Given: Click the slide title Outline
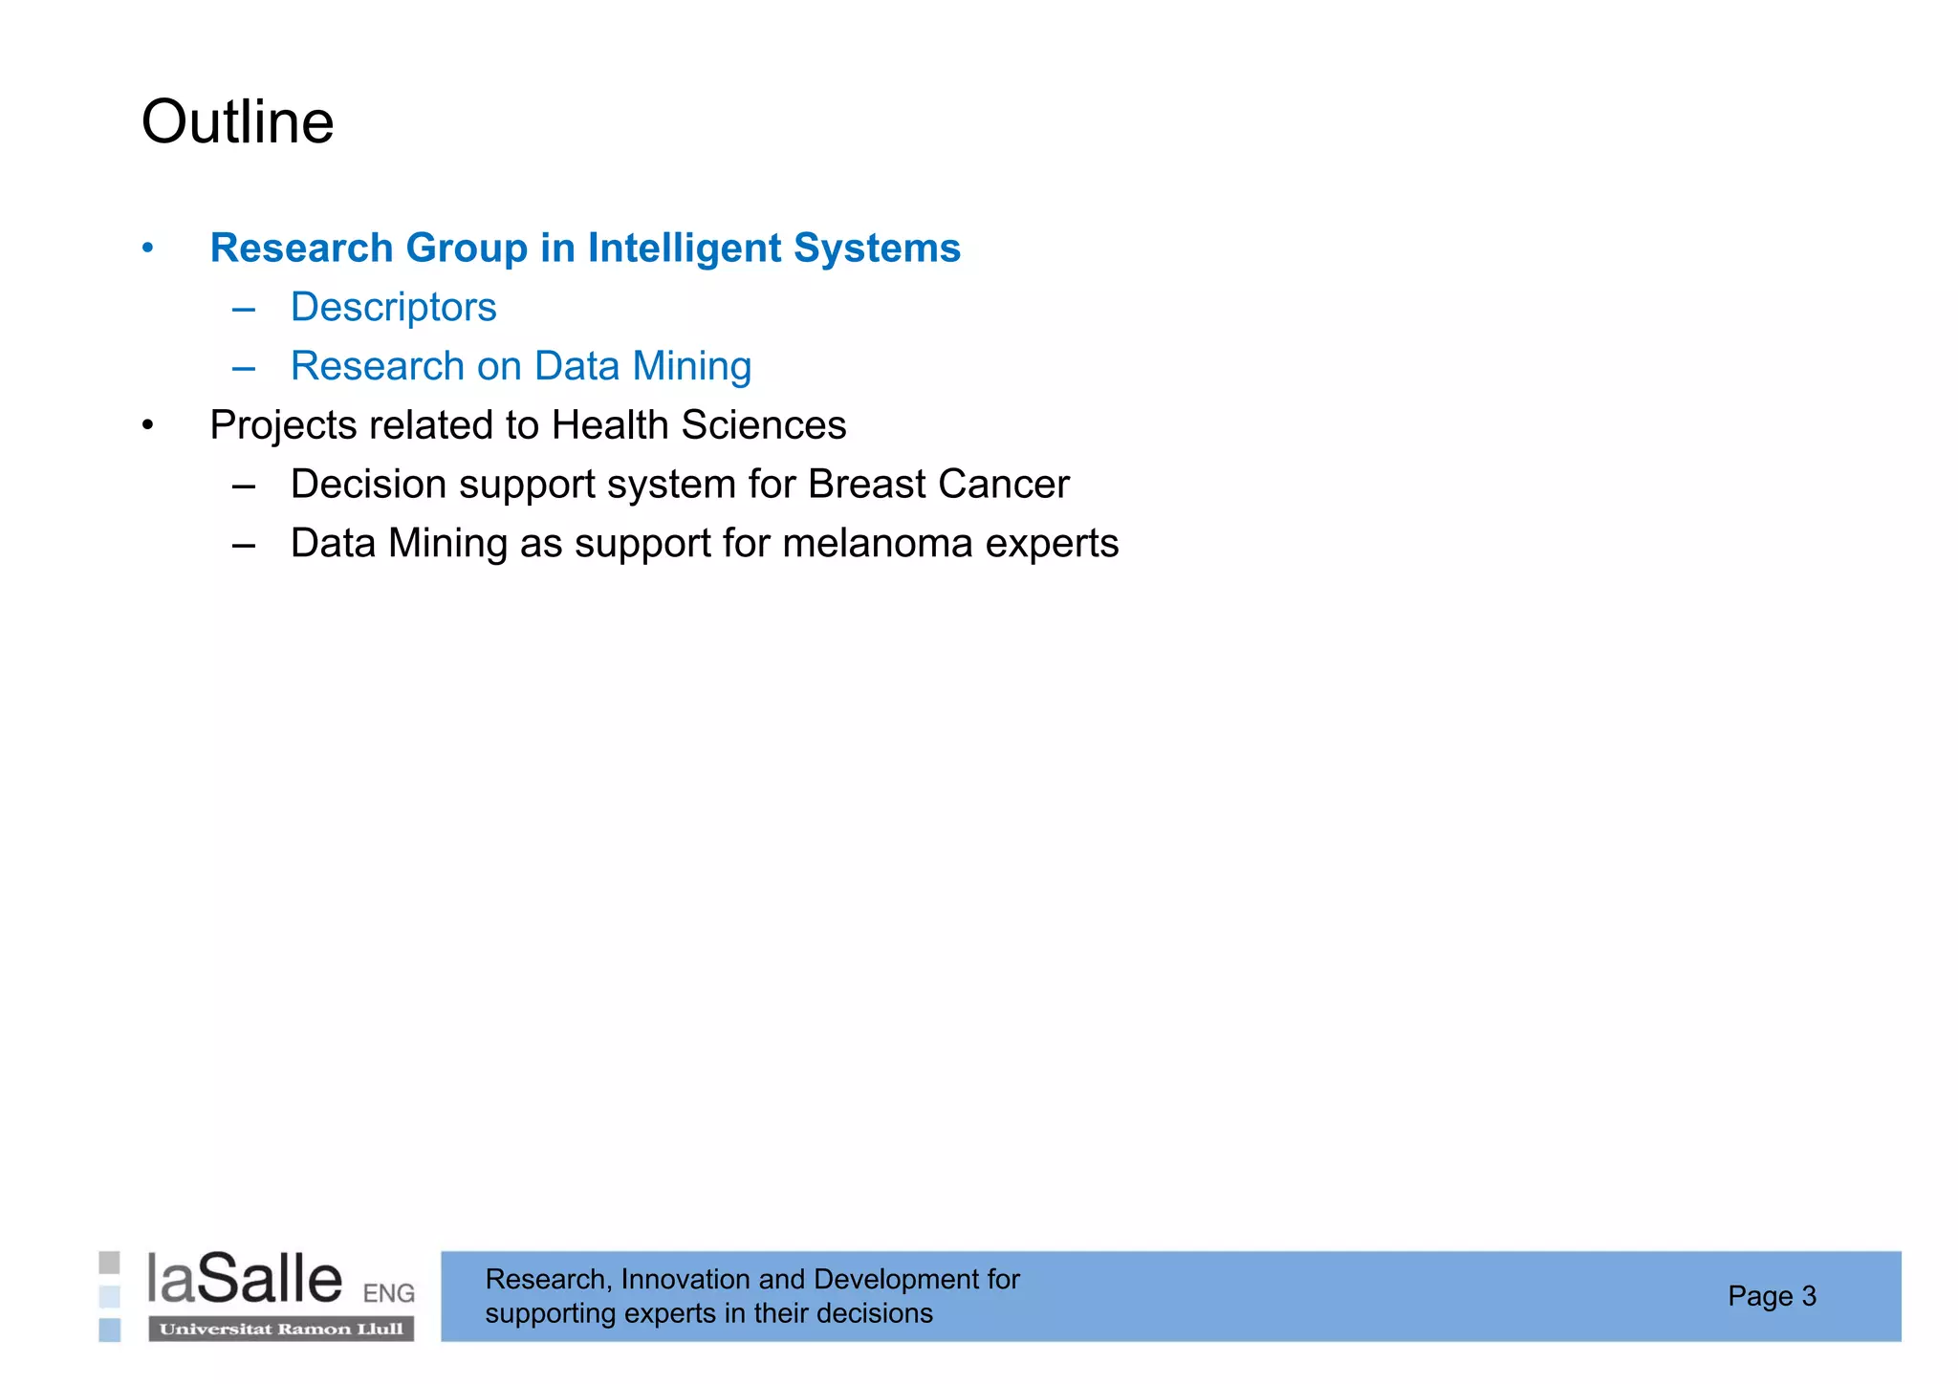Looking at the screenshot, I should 237,122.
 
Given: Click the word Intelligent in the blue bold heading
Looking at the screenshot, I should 686,249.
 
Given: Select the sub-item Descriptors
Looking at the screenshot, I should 393,308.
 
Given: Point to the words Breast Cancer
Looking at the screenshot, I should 938,485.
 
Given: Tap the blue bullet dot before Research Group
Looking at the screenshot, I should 147,249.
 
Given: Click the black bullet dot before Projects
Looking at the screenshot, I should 147,425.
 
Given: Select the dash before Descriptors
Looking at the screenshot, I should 244,309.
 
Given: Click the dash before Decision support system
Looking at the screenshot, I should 244,486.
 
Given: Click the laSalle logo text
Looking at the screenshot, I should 245,1280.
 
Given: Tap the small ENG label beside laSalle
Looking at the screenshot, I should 388,1294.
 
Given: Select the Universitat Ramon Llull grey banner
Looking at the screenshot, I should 281,1330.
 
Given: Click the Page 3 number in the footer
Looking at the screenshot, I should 1772,1296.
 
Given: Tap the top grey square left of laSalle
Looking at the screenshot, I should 110,1263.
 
